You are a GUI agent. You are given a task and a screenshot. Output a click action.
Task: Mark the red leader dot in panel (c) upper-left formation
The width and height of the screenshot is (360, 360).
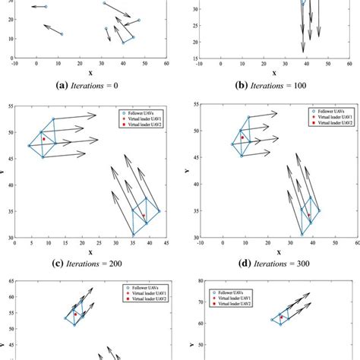coord(44,139)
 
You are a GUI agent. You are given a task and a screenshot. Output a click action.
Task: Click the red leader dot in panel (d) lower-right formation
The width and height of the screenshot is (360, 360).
coord(309,216)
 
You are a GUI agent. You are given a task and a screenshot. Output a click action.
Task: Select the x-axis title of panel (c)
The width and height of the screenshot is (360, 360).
coord(90,251)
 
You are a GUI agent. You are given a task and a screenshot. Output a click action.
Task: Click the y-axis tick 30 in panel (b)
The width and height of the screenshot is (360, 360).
coord(194,9)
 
